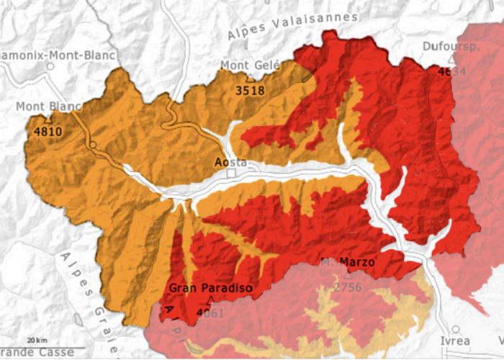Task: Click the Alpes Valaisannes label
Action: pyautogui.click(x=292, y=26)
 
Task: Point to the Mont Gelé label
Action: pyautogui.click(x=249, y=66)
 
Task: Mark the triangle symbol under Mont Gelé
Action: pyautogui.click(x=250, y=78)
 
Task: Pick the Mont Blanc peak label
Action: pyautogui.click(x=48, y=107)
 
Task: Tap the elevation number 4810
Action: pyautogui.click(x=48, y=132)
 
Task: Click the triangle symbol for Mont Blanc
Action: pyautogui.click(x=48, y=119)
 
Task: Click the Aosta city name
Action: pyautogui.click(x=231, y=161)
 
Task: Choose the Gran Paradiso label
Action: pyautogui.click(x=210, y=288)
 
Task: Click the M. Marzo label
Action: pyautogui.click(x=348, y=262)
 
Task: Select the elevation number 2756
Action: pyautogui.click(x=348, y=287)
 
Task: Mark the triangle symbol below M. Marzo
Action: pyautogui.click(x=348, y=274)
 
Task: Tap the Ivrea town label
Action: pyautogui.click(x=455, y=341)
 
